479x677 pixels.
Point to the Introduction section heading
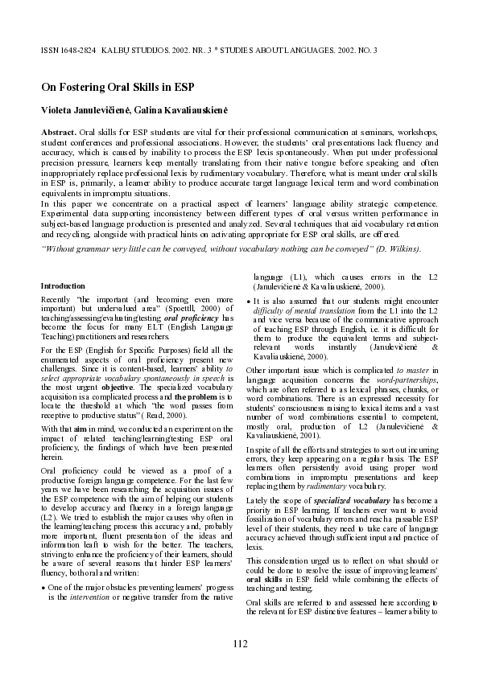(62, 285)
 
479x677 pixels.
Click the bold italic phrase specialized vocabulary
(337, 500)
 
